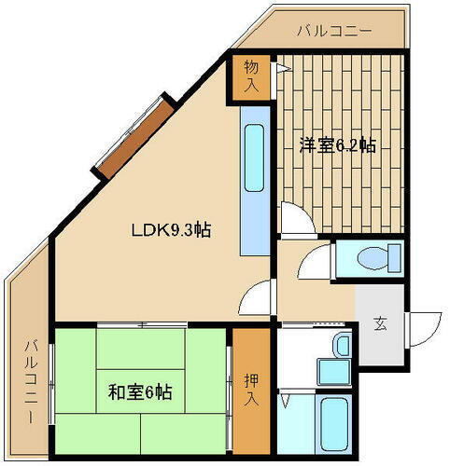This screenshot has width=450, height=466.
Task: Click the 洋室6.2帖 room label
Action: [338, 145]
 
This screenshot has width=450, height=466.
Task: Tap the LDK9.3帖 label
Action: [169, 230]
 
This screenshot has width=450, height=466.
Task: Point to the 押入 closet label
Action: [251, 391]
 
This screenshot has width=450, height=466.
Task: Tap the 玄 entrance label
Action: [381, 324]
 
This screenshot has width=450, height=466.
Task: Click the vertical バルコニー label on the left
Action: [31, 382]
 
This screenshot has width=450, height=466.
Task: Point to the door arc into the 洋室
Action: [295, 221]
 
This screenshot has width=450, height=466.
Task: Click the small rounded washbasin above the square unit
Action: [343, 347]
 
